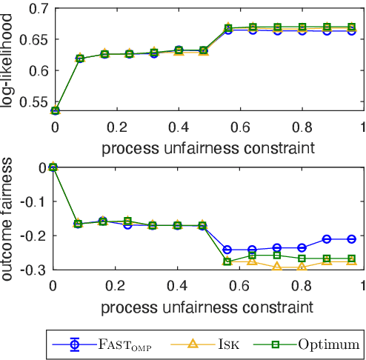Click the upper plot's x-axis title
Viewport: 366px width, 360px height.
pyautogui.click(x=207, y=147)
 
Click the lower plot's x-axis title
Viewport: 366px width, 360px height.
pyautogui.click(x=207, y=305)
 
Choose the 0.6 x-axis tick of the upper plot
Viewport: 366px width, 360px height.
pyautogui.click(x=239, y=127)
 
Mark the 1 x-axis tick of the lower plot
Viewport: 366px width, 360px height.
pyautogui.click(x=362, y=285)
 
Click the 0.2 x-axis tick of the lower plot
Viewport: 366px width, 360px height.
pyautogui.click(x=115, y=285)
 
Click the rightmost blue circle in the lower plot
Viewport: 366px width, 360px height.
pyautogui.click(x=352, y=239)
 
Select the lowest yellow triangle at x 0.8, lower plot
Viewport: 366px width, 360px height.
pyautogui.click(x=302, y=267)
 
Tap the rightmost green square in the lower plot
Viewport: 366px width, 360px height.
pyautogui.click(x=352, y=259)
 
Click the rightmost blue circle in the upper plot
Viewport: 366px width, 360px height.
pyautogui.click(x=352, y=31)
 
